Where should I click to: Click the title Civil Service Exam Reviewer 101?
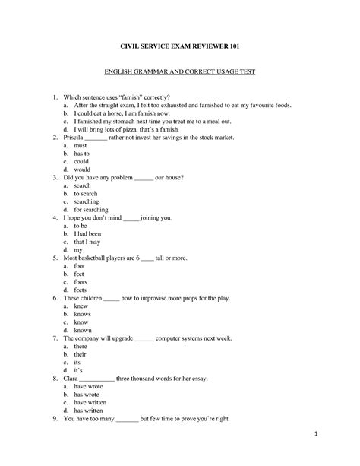(x=179, y=46)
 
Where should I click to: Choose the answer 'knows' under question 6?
(x=83, y=313)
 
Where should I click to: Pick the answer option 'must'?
(x=81, y=145)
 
